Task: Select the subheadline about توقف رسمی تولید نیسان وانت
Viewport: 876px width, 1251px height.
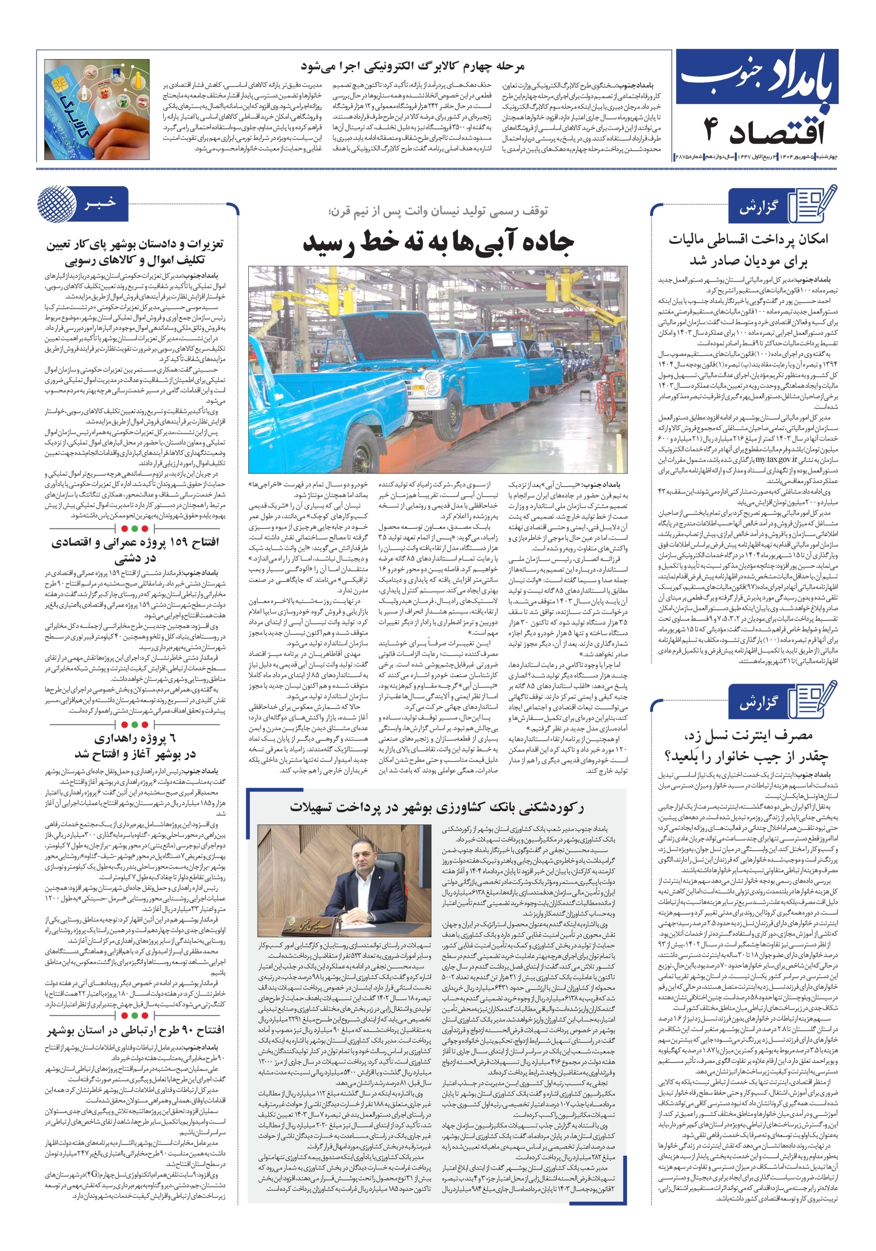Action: [x=438, y=211]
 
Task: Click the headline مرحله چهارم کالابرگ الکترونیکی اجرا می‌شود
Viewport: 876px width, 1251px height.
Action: [x=412, y=66]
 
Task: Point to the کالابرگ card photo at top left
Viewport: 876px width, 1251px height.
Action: [x=97, y=109]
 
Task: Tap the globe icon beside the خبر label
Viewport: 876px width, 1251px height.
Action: [x=57, y=204]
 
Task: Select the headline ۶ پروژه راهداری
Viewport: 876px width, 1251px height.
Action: [x=135, y=746]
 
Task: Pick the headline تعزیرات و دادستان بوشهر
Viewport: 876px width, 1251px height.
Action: [x=135, y=251]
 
